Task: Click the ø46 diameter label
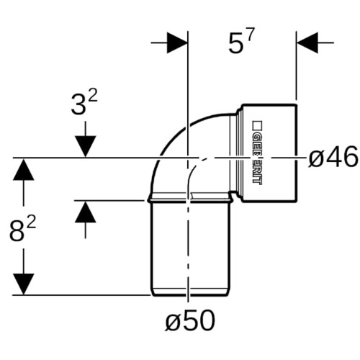[x=333, y=158]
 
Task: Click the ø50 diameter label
[x=190, y=320]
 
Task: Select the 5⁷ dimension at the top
[x=240, y=41]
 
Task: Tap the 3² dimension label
[x=84, y=103]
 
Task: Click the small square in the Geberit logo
[x=257, y=125]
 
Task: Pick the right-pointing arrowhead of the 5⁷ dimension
[x=177, y=42]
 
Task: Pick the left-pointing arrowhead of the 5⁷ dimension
[x=307, y=42]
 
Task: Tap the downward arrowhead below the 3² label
[x=86, y=146]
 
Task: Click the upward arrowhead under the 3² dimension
[x=86, y=212]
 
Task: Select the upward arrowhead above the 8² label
[x=23, y=169]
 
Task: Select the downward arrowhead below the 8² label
[x=23, y=284]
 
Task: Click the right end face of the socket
[x=297, y=153]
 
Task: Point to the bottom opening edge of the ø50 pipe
[x=189, y=295]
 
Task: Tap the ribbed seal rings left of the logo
[x=236, y=153]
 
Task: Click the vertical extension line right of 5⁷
[x=296, y=66]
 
